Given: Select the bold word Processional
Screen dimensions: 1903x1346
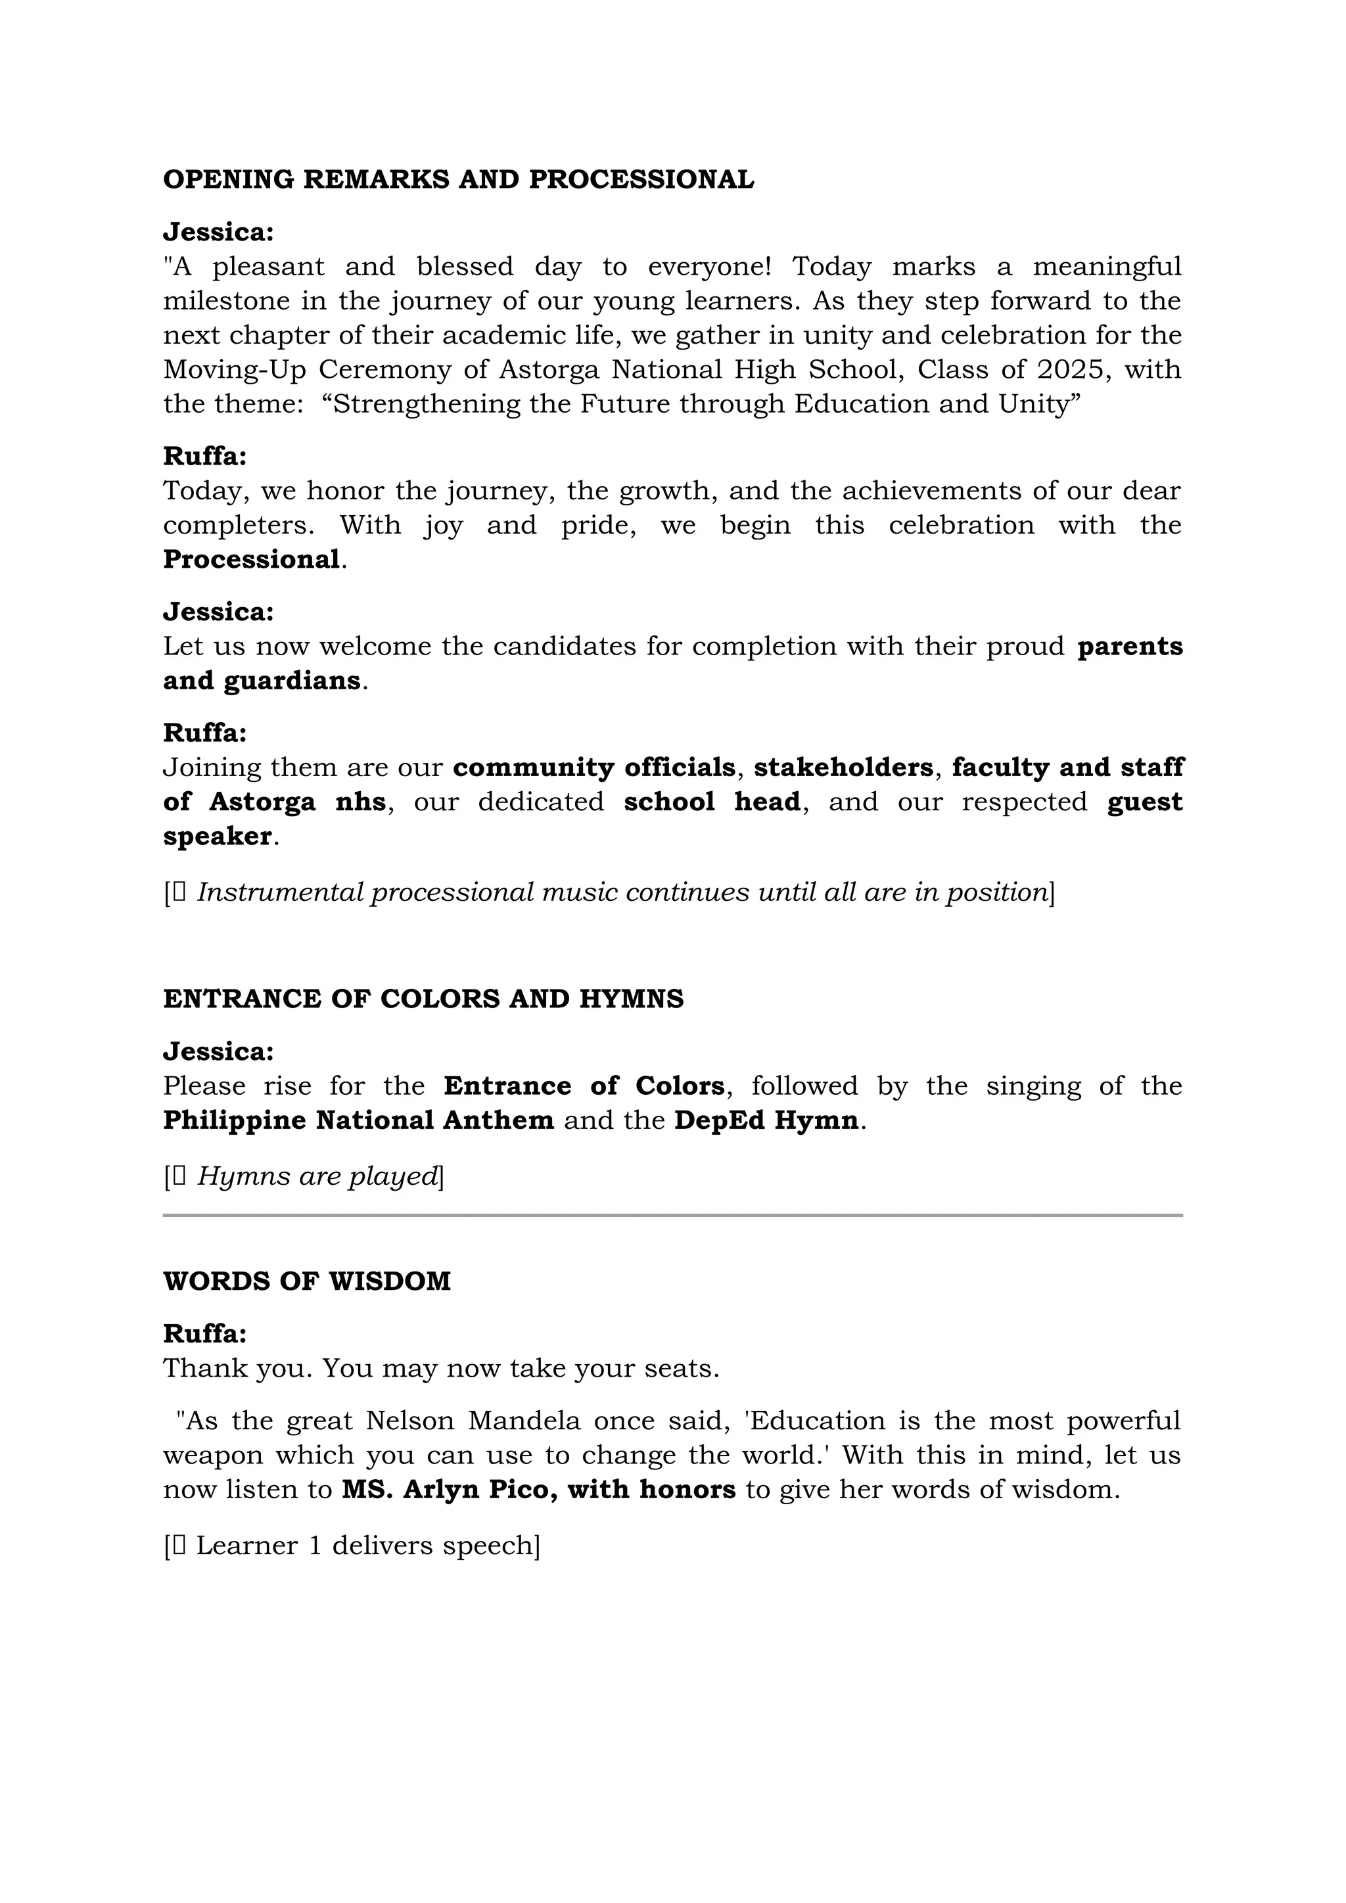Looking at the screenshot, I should pyautogui.click(x=251, y=559).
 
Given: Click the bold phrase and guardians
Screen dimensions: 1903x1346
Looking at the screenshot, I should pyautogui.click(x=262, y=681).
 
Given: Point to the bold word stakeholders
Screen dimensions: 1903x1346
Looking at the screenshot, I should pyautogui.click(x=843, y=768).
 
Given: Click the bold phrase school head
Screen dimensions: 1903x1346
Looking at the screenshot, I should pyautogui.click(x=712, y=802).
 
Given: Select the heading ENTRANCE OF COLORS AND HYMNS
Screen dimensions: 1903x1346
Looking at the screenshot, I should pyautogui.click(x=423, y=999).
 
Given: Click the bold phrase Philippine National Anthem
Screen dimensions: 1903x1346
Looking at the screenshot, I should pyautogui.click(x=358, y=1120).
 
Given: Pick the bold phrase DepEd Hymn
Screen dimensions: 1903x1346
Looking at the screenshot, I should pyautogui.click(x=766, y=1120).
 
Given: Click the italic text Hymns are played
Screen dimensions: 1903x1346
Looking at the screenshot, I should pyautogui.click(x=317, y=1176).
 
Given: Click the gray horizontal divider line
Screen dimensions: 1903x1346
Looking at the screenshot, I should pyautogui.click(x=672, y=1216).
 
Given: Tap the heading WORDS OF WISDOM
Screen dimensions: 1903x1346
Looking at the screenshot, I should pyautogui.click(x=307, y=1281).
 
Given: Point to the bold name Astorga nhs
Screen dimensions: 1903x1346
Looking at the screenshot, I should pyautogui.click(x=296, y=802).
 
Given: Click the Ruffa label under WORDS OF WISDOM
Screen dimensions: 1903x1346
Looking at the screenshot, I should pyautogui.click(x=204, y=1333).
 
